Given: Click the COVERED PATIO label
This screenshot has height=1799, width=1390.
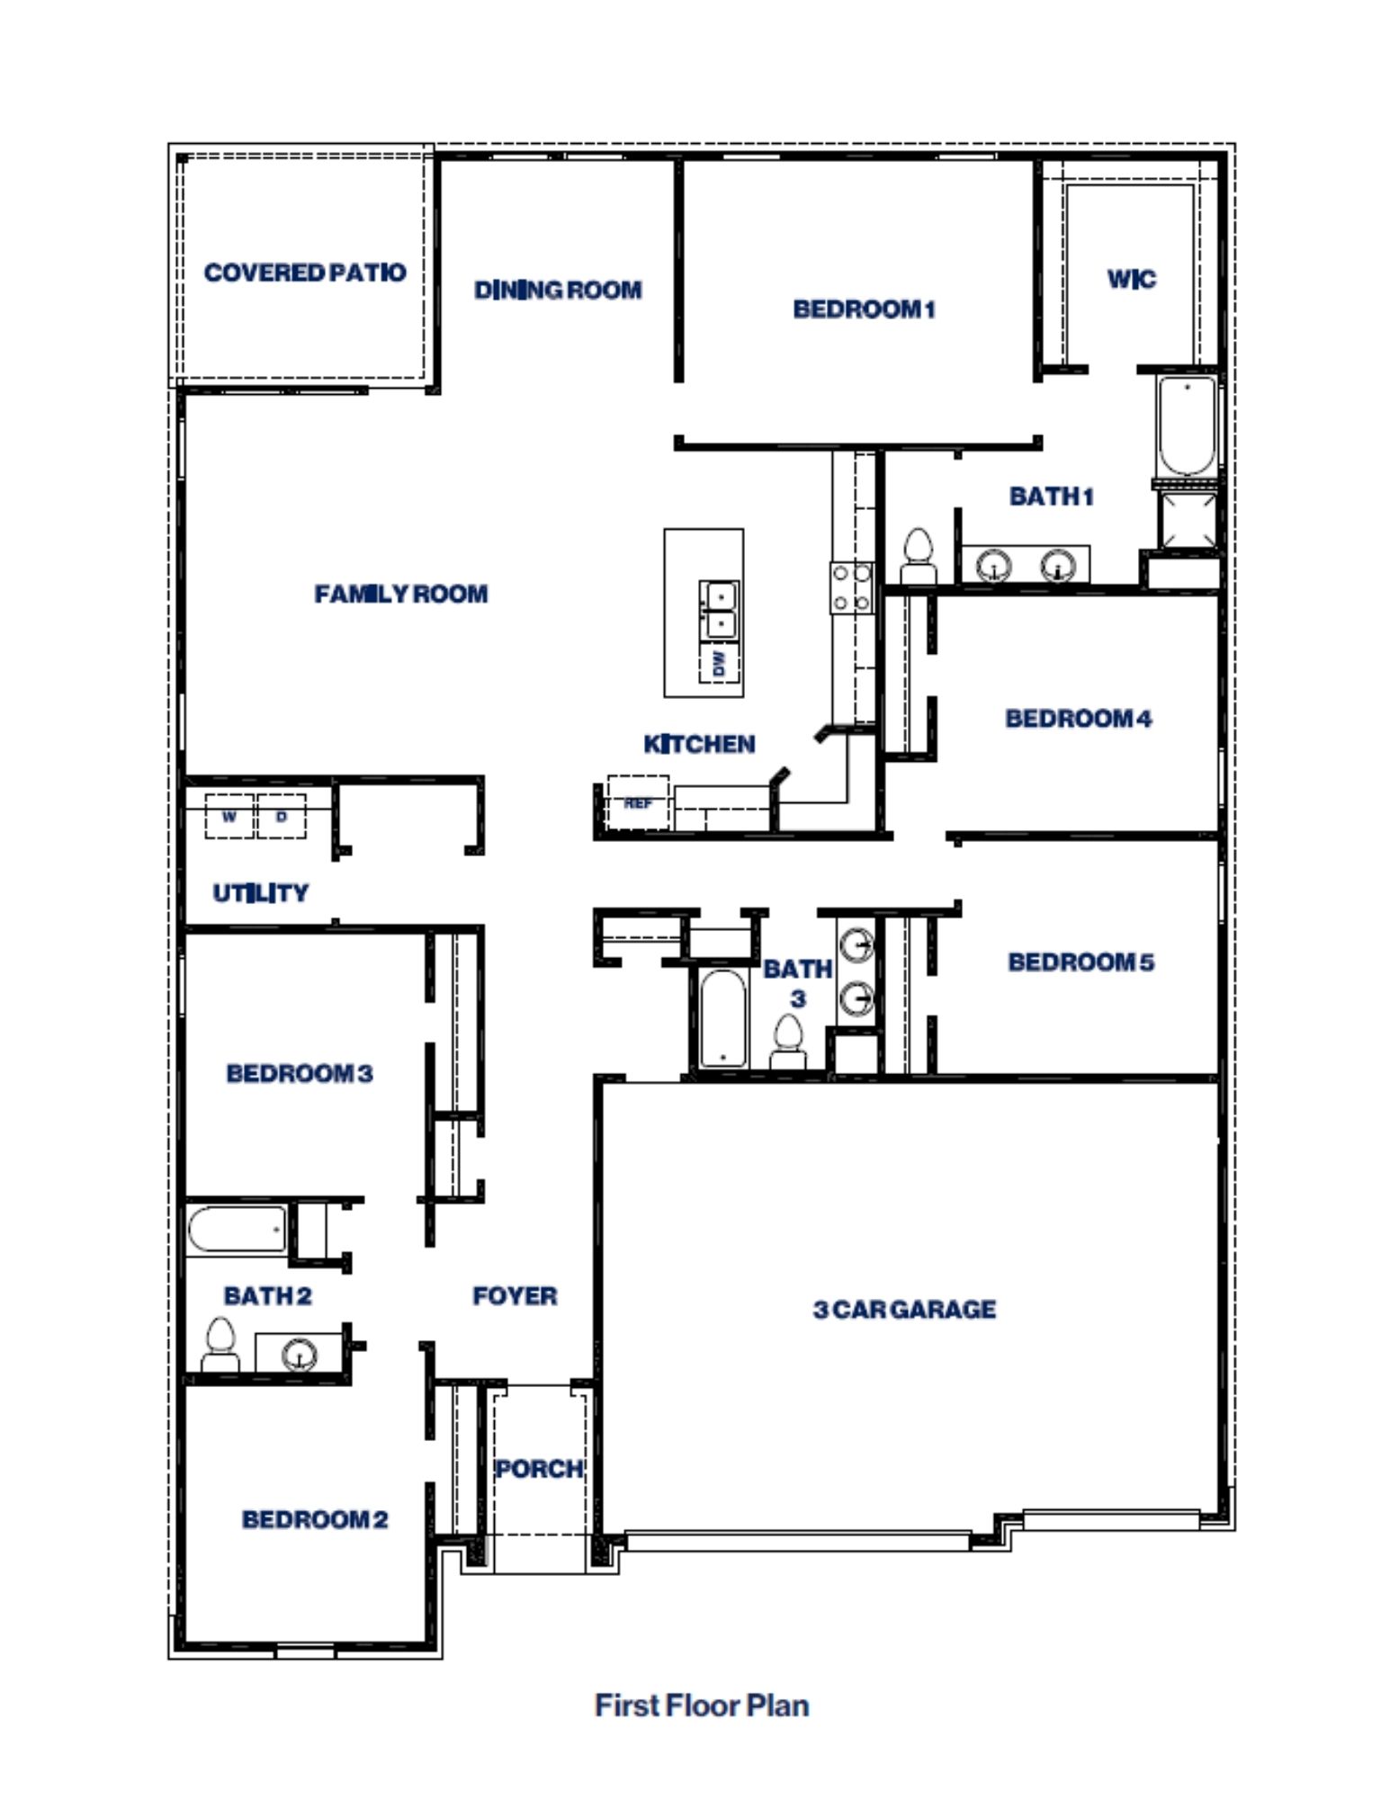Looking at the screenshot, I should coord(304,272).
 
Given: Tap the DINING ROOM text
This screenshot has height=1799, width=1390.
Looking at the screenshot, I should coord(558,290).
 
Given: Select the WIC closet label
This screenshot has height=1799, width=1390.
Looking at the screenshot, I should coord(1131,279).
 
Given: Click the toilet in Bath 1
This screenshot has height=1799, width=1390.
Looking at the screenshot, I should coord(919,558).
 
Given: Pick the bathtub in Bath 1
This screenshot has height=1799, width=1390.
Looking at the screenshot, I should coord(1187,425).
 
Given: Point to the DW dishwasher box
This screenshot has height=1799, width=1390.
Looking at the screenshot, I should coord(719,664).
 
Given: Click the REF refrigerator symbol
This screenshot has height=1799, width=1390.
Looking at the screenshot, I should coord(638,802).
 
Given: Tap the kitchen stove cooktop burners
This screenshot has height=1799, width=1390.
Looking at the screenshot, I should coord(851,587).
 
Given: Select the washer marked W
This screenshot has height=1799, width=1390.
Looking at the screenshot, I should coord(229,817).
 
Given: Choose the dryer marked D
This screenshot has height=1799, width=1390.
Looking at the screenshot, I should coord(282,817).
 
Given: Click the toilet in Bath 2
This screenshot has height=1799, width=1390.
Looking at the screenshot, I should coord(220,1345).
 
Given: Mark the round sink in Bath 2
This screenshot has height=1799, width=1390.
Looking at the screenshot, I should coord(299,1354).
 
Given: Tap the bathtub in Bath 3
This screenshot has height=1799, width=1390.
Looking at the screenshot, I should coord(722,1018).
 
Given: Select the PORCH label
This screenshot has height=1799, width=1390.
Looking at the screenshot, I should coord(539,1469).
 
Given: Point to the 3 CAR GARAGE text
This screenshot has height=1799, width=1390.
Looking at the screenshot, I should coord(904,1309).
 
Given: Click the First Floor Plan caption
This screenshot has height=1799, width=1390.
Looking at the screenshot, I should coord(702,1705).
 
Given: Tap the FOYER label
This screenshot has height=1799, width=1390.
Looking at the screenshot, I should coord(515,1295).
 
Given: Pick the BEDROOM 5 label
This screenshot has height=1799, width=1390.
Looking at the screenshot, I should coord(1081,962).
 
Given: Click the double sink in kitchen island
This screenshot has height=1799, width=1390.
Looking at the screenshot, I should coord(719,610).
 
